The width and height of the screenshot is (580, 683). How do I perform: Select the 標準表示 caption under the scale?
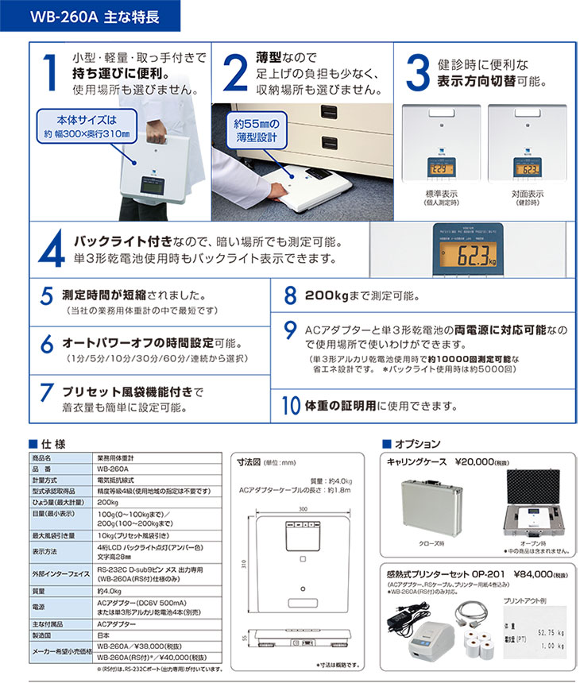[443, 197]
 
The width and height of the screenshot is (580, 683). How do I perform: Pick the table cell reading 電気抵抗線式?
[118, 480]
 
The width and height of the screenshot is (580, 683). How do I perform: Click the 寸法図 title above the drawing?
[251, 461]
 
